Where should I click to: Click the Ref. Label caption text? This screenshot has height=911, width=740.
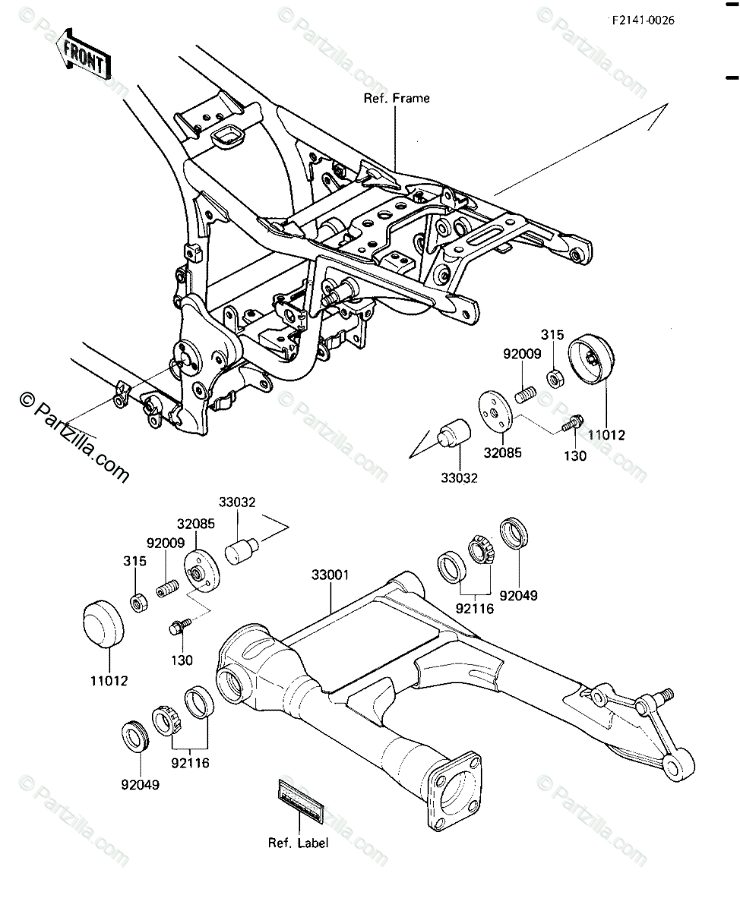298,843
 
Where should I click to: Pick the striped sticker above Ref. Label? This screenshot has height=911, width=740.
301,801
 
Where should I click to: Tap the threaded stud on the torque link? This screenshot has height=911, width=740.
666,694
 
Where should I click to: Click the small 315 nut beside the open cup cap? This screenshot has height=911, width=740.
555,375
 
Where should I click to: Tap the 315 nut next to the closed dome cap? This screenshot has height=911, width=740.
139,604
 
